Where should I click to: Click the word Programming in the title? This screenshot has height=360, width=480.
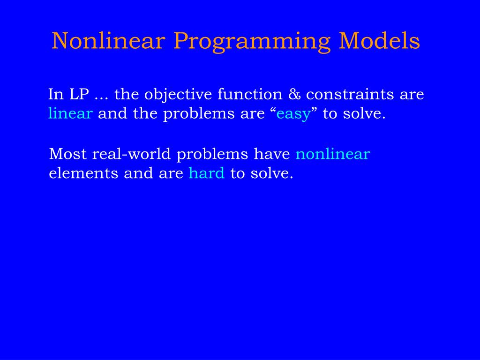coord(252,42)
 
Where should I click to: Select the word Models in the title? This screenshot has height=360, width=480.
coord(379,41)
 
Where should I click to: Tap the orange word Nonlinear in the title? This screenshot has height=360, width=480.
coord(108,41)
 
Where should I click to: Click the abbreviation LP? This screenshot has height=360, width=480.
coord(79,94)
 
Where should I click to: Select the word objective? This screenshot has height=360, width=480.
coord(178,95)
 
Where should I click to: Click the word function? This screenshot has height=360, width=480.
coord(250,94)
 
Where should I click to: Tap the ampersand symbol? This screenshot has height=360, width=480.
coord(294,94)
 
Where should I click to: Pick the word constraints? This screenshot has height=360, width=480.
coord(350,94)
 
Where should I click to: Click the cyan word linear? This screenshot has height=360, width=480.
coord(70,113)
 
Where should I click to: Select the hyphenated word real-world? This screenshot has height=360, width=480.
coord(131,153)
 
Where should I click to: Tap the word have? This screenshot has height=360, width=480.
coord(272,153)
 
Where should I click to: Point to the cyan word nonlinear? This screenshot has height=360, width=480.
coord(333,153)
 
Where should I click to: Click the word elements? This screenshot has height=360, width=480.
coord(83,173)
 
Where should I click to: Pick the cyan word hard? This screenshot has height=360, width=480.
coord(207,173)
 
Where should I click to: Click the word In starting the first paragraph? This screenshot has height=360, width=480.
coord(56,94)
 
